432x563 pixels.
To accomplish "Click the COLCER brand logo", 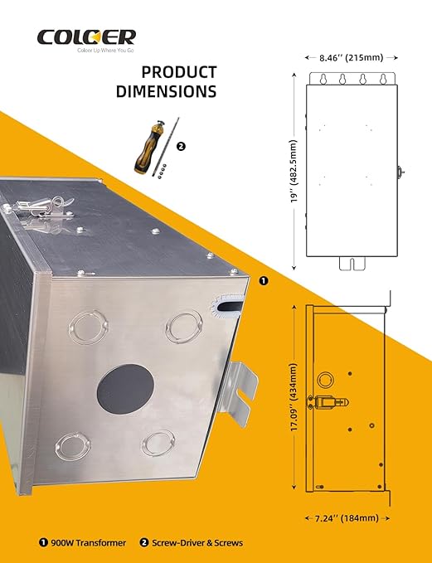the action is point(86,37).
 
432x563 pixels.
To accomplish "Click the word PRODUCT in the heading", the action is point(179,72).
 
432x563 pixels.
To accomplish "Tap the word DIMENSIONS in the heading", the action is point(167,91).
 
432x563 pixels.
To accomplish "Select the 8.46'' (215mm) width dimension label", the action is point(352,57).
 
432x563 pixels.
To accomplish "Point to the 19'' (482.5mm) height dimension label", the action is point(294,171).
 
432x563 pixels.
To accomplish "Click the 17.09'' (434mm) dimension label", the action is point(294,397).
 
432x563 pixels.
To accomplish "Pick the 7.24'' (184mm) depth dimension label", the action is point(347,518).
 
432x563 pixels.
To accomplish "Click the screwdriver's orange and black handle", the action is point(148,148).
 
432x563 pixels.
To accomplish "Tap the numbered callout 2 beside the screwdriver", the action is point(182,147).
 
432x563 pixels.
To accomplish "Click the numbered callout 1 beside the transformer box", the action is point(264,281).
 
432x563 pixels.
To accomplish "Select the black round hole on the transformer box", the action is point(125,389).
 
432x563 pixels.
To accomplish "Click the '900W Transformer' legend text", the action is point(89,542).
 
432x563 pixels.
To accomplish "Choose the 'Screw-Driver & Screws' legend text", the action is point(197,542).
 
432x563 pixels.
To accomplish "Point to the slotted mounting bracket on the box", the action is point(240,393).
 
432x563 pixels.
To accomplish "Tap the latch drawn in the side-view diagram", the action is point(328,402).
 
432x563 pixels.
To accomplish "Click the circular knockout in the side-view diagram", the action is point(325,381).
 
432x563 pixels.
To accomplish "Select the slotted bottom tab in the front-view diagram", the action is point(352,264).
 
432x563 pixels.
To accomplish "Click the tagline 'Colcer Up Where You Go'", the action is point(105,51).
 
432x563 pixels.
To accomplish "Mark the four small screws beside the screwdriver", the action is point(162,171).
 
